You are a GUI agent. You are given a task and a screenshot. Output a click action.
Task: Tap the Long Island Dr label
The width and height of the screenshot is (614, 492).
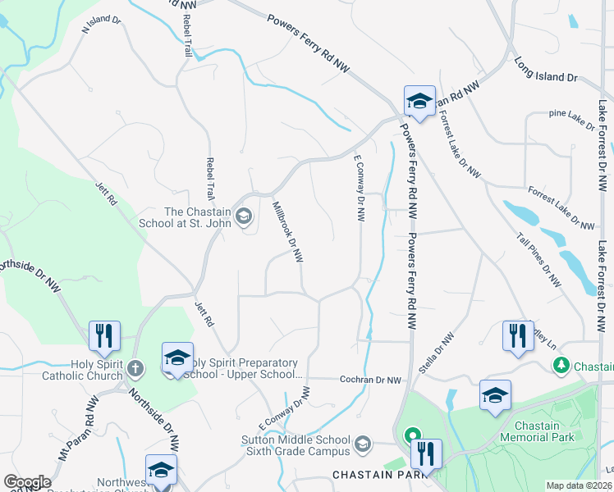click(x=546, y=70)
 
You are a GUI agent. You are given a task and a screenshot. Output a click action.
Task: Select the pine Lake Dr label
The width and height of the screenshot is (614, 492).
click(x=571, y=120)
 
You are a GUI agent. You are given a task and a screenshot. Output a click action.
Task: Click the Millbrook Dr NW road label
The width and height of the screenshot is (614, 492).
click(x=287, y=232)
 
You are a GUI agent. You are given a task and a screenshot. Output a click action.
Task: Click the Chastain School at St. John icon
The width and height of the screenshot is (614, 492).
click(x=243, y=216)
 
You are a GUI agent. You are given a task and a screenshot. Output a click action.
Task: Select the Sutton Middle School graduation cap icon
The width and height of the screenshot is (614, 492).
click(x=361, y=446)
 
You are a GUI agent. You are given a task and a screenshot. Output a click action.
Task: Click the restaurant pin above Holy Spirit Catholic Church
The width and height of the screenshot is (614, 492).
click(x=105, y=336)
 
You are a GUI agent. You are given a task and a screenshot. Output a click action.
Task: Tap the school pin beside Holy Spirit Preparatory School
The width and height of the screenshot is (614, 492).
click(x=177, y=358)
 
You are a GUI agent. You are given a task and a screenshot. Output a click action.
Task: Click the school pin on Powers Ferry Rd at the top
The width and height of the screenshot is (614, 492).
click(x=419, y=102)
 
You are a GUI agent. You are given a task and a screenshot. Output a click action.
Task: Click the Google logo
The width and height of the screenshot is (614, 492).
click(x=27, y=482)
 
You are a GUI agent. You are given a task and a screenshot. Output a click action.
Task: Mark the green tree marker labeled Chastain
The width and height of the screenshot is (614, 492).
click(x=561, y=364)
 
